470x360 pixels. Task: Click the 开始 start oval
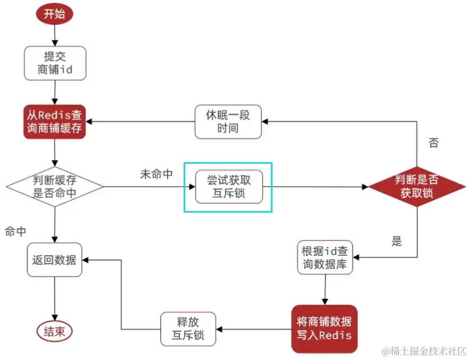[54, 14]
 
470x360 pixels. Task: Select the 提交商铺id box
[55, 63]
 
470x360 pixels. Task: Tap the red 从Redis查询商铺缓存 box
[55, 122]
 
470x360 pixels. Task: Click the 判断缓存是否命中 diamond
[55, 187]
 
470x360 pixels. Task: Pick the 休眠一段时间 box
[228, 122]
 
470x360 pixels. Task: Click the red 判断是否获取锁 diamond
[418, 187]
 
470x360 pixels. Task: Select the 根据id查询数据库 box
[325, 257]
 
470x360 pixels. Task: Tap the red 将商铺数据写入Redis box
[324, 328]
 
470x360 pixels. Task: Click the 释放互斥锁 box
[188, 329]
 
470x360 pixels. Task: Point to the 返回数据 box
[54, 260]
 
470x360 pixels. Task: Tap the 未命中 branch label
[156, 174]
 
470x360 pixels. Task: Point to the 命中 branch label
[15, 231]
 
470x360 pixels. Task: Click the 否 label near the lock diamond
[433, 143]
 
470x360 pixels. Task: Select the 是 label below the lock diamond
[397, 241]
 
